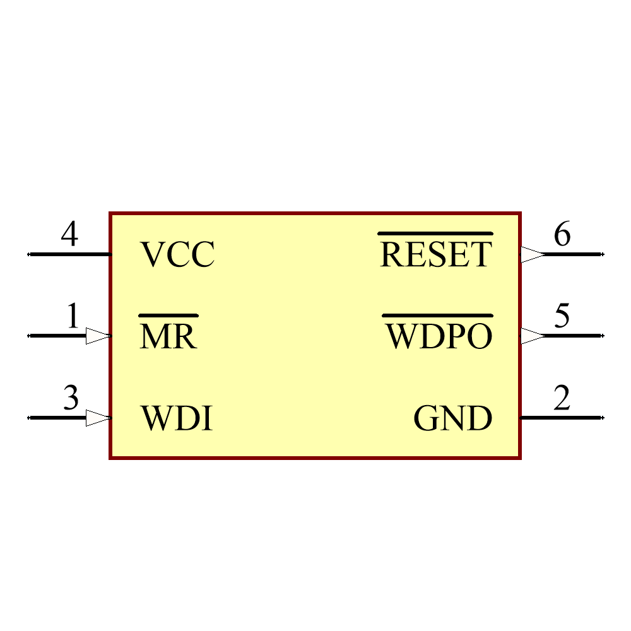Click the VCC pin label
click(177, 255)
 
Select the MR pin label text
click(168, 337)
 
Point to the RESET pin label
click(435, 255)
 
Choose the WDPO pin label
click(439, 337)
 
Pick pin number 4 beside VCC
click(69, 235)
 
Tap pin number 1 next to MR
click(73, 316)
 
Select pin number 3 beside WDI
click(71, 398)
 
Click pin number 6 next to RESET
click(562, 235)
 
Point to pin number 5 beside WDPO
click(562, 316)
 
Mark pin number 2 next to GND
click(562, 398)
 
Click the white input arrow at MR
click(98, 336)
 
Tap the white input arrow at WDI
click(98, 418)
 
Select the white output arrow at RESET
click(533, 254)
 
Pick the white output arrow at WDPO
click(533, 336)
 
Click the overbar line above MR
click(168, 315)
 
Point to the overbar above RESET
click(435, 233)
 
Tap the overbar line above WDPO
click(438, 315)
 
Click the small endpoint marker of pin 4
click(28, 254)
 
